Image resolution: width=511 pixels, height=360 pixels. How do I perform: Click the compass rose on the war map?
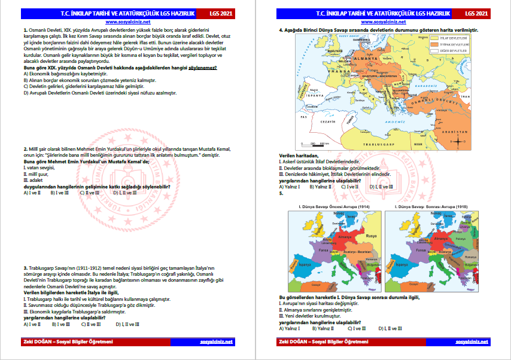(x=456, y=140)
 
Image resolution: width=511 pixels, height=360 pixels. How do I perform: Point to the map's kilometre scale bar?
(x=312, y=143)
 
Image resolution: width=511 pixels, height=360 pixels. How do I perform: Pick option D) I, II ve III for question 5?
(x=390, y=328)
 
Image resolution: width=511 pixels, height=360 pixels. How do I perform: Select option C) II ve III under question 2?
(x=90, y=193)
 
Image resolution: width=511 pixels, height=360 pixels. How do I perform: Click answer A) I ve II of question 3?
(x=32, y=324)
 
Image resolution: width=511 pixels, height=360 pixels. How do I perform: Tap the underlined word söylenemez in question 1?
(x=202, y=68)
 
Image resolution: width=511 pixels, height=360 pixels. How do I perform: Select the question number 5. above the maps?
(x=281, y=193)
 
